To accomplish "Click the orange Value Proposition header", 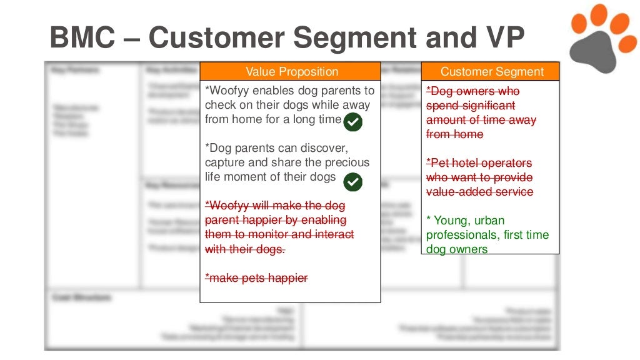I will [x=291, y=72].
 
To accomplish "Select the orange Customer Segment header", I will [x=491, y=72].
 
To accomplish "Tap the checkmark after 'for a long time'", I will [x=353, y=122].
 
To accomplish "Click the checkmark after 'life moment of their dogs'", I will [x=353, y=182].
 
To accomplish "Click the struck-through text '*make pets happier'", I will [x=256, y=278].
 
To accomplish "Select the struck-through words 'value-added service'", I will [x=479, y=192].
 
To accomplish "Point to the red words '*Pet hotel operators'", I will [x=479, y=163].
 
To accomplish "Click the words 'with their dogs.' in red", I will [x=245, y=249].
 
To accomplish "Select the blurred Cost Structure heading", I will [x=81, y=298].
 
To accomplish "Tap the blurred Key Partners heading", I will [x=75, y=70].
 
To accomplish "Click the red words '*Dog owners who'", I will [x=472, y=91].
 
